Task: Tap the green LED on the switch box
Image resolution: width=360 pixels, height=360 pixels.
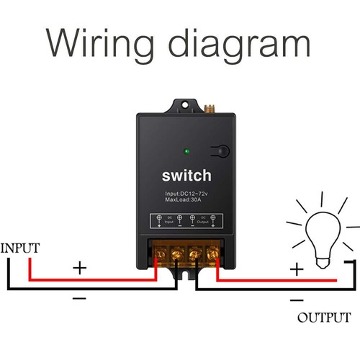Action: click(x=187, y=152)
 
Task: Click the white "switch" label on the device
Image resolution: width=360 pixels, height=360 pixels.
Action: click(x=186, y=176)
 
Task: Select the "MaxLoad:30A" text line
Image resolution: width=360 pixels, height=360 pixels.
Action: click(x=181, y=202)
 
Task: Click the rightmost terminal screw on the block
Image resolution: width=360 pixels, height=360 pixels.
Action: click(x=212, y=253)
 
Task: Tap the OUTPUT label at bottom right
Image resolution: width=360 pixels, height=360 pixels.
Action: click(x=324, y=318)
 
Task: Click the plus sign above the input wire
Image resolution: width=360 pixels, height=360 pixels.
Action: click(x=79, y=268)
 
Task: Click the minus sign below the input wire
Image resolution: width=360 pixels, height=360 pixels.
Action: click(x=79, y=297)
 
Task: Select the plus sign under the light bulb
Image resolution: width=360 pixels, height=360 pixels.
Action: click(x=297, y=269)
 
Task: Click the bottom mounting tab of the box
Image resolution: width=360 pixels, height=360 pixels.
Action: click(x=186, y=274)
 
